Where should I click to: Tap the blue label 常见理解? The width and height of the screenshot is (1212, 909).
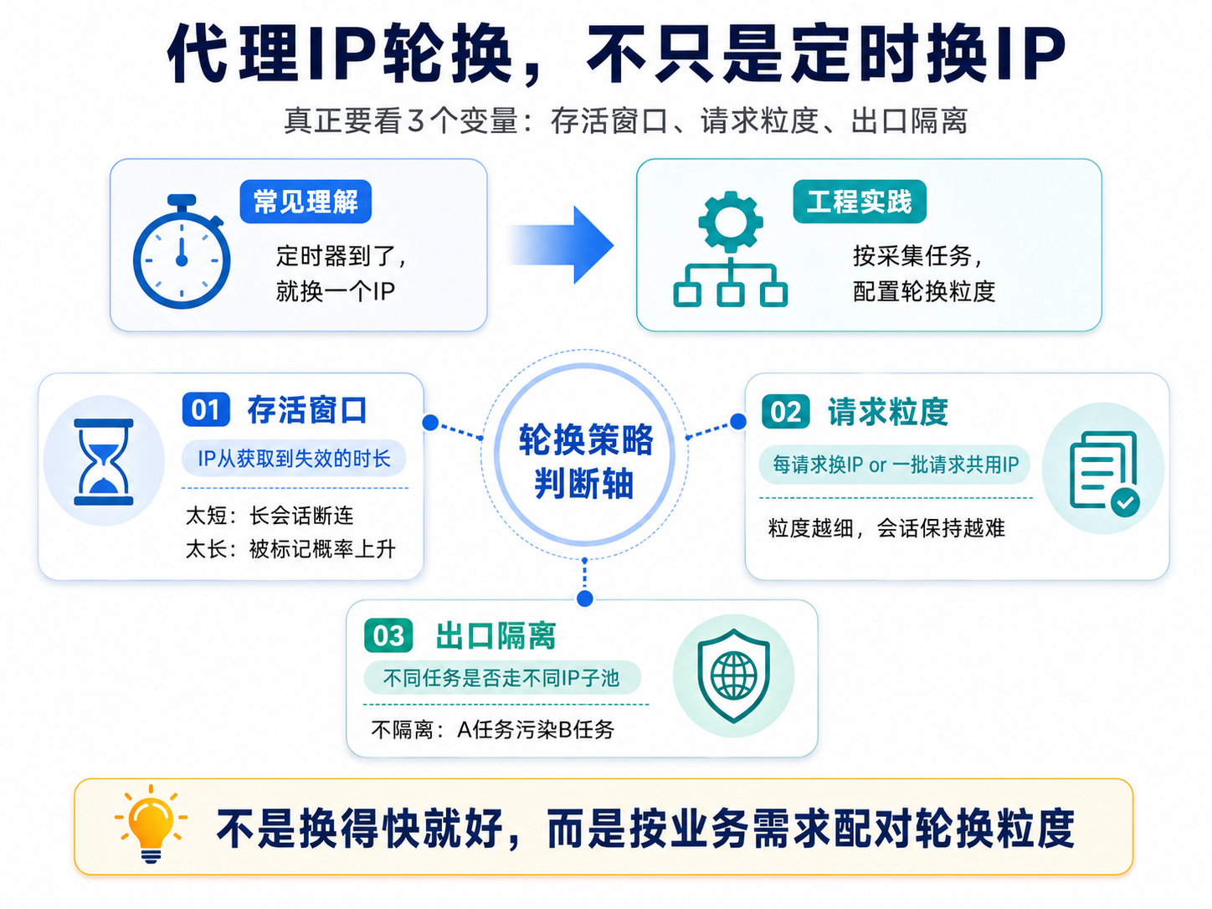pos(306,202)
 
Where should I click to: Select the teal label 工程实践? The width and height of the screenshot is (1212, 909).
pos(859,202)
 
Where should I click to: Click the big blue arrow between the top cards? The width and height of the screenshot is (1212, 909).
pos(561,245)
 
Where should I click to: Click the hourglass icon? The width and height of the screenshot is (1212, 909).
pos(104,461)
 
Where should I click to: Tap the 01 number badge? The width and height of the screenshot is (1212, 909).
pos(206,409)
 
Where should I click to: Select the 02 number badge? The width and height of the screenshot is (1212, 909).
pos(786,412)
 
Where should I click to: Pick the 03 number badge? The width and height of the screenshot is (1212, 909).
pos(388,636)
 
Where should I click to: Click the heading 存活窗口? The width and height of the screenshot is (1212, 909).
pos(307,410)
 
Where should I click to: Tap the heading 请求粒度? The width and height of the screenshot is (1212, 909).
pos(888,412)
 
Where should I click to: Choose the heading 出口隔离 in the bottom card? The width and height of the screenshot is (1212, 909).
pos(496,636)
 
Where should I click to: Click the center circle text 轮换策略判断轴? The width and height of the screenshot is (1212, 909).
pos(585,462)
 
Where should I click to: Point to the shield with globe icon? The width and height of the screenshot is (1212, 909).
pos(733,675)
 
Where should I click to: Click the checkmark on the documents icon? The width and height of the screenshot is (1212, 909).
pos(1125,502)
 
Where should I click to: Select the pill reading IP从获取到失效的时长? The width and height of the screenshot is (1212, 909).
pos(295,458)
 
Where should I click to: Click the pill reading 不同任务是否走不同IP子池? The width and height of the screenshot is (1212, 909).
pos(502,678)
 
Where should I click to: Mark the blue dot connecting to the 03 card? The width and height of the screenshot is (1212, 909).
pos(585,598)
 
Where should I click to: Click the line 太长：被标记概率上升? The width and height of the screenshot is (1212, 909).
pos(290,549)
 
